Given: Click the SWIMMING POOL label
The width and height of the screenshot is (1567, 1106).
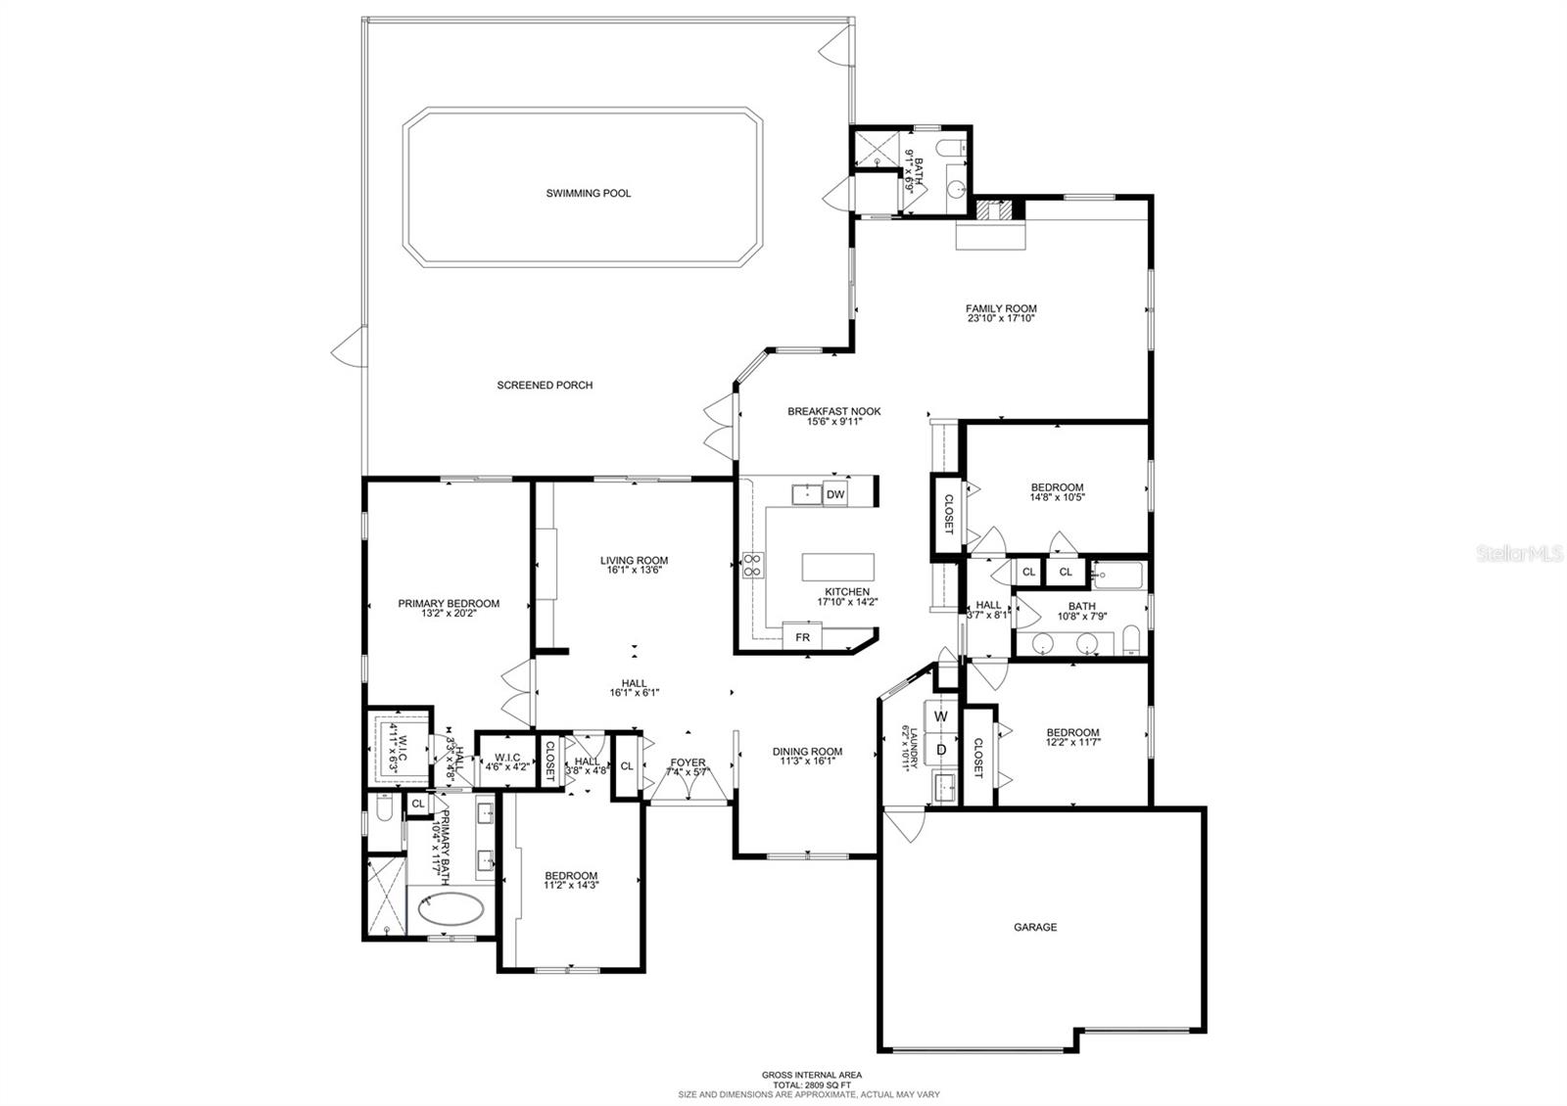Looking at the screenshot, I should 588,194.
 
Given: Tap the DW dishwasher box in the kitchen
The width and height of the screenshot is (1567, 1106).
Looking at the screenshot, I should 835,494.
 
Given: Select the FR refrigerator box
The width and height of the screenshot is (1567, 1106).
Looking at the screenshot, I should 802,637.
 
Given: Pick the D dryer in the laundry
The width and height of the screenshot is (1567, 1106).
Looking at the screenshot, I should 941,751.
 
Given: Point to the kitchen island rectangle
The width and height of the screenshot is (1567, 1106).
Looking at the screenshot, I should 837,567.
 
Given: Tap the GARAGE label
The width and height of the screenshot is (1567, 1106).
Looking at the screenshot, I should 1035,927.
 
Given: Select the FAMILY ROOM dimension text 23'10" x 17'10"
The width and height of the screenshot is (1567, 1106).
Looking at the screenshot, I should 1001,318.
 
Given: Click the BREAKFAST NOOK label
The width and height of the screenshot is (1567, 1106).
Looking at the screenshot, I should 833,411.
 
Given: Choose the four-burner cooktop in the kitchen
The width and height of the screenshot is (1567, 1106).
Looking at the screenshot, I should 753,565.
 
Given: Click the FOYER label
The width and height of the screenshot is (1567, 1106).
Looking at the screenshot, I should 688,762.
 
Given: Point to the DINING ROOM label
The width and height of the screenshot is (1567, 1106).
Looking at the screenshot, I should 807,752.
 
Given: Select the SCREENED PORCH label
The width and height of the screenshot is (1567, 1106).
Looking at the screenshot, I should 545,386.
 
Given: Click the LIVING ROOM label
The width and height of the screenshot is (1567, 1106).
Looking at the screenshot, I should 634,561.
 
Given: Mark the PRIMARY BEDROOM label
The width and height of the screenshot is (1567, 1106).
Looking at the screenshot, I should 449,603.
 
